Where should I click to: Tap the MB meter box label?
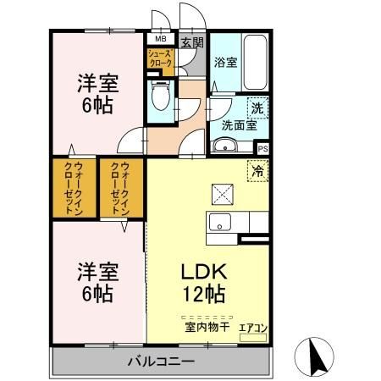pos(159,39)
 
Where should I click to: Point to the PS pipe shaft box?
pos(262,149)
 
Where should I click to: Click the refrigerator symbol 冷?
pos(257,169)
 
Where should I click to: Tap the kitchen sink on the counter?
pos(220,224)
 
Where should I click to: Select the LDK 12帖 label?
pos(204,283)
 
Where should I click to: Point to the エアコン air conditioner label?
pos(253,327)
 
